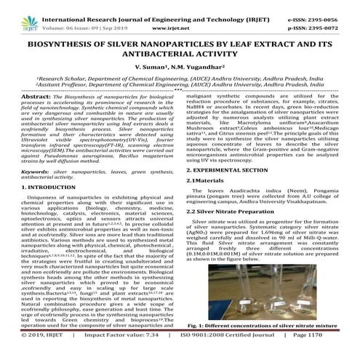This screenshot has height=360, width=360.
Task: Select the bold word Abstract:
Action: pyautogui.click(x=35, y=95)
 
